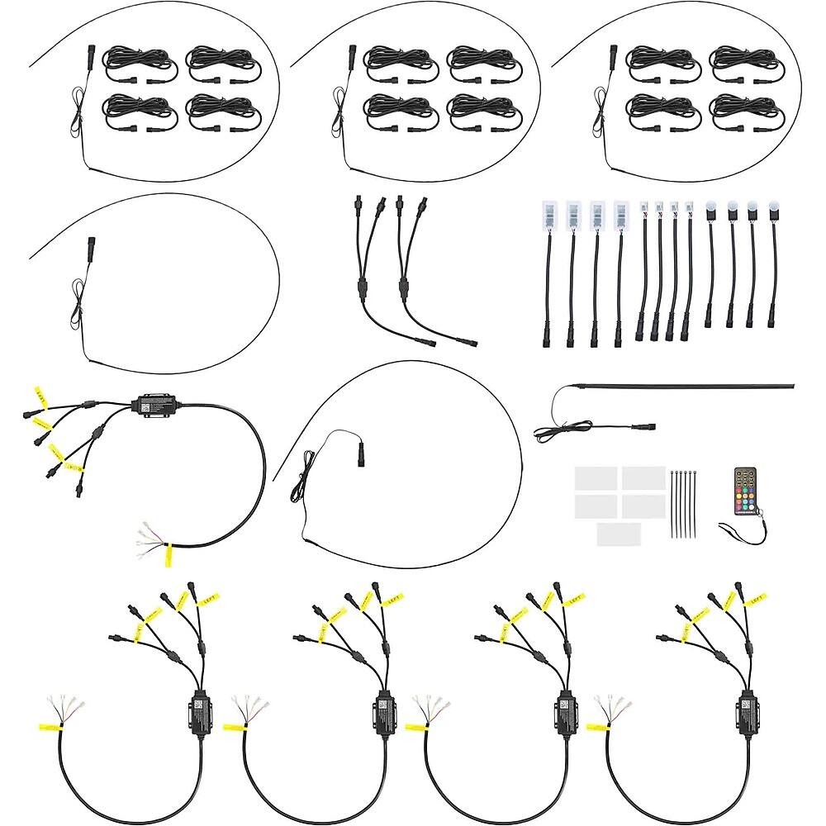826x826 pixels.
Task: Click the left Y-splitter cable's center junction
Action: click(361, 292)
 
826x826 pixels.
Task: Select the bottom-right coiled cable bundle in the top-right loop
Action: click(741, 112)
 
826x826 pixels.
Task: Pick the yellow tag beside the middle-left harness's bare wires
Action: click(168, 555)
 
